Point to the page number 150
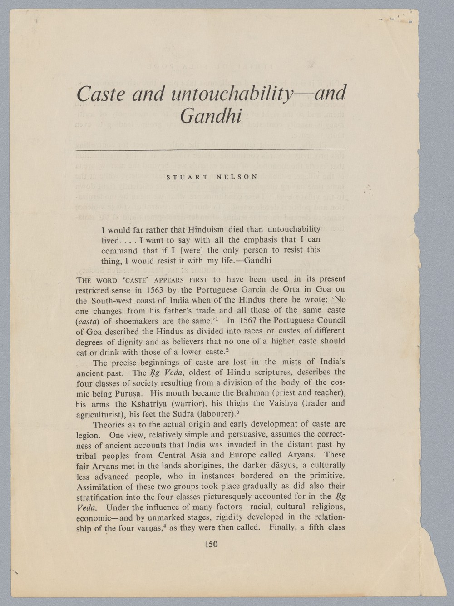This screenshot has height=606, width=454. pos(211,544)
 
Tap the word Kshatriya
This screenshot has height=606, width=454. pos(149,403)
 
